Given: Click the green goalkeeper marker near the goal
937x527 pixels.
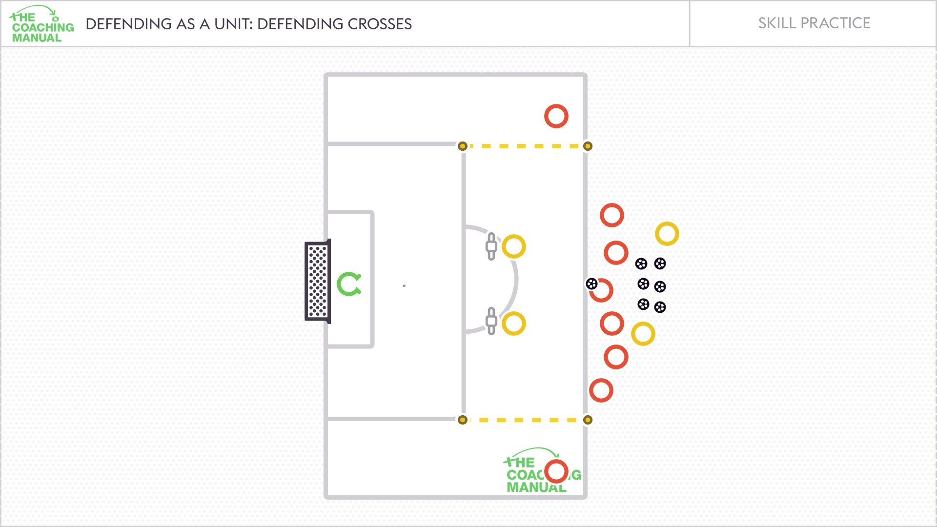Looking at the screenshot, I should (349, 284).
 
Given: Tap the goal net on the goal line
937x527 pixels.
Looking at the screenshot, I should (318, 282).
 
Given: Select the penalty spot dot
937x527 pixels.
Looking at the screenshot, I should (404, 285).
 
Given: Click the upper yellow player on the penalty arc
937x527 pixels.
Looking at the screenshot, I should (514, 246).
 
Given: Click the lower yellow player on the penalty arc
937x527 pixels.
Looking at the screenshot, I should (514, 324).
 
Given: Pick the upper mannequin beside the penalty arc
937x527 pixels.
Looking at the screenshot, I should (491, 246).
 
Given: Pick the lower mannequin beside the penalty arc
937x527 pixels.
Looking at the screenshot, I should (491, 321).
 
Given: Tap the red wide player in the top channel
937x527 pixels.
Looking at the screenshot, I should (556, 116).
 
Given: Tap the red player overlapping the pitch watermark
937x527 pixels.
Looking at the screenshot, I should (556, 471).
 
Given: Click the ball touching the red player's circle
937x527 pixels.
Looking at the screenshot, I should (591, 284).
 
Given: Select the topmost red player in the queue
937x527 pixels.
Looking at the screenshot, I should (612, 215).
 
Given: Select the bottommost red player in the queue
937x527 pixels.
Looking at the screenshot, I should (601, 390).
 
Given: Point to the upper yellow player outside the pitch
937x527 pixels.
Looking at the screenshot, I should (667, 234).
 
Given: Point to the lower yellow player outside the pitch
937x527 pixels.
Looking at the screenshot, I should (643, 334).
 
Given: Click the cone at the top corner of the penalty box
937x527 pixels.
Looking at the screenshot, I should (463, 146).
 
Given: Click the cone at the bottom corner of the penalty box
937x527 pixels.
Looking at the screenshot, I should (463, 420).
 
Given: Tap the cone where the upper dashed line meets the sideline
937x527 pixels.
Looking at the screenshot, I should (588, 146).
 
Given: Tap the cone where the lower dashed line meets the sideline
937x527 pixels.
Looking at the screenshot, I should (588, 420).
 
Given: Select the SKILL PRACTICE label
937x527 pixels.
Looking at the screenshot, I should (814, 23).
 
